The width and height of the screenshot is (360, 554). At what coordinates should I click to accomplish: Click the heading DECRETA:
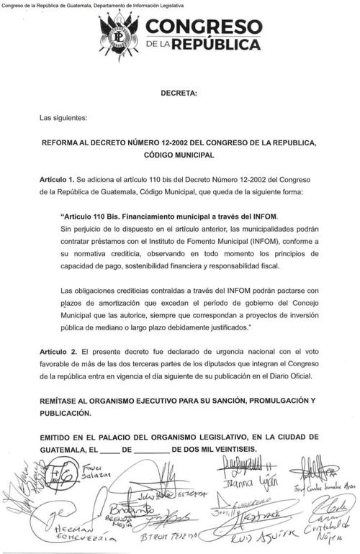pyautogui.click(x=179, y=94)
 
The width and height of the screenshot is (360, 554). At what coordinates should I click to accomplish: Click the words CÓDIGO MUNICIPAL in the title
pyautogui.click(x=180, y=155)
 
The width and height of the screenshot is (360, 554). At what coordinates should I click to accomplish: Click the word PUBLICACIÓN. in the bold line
pyautogui.click(x=66, y=413)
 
